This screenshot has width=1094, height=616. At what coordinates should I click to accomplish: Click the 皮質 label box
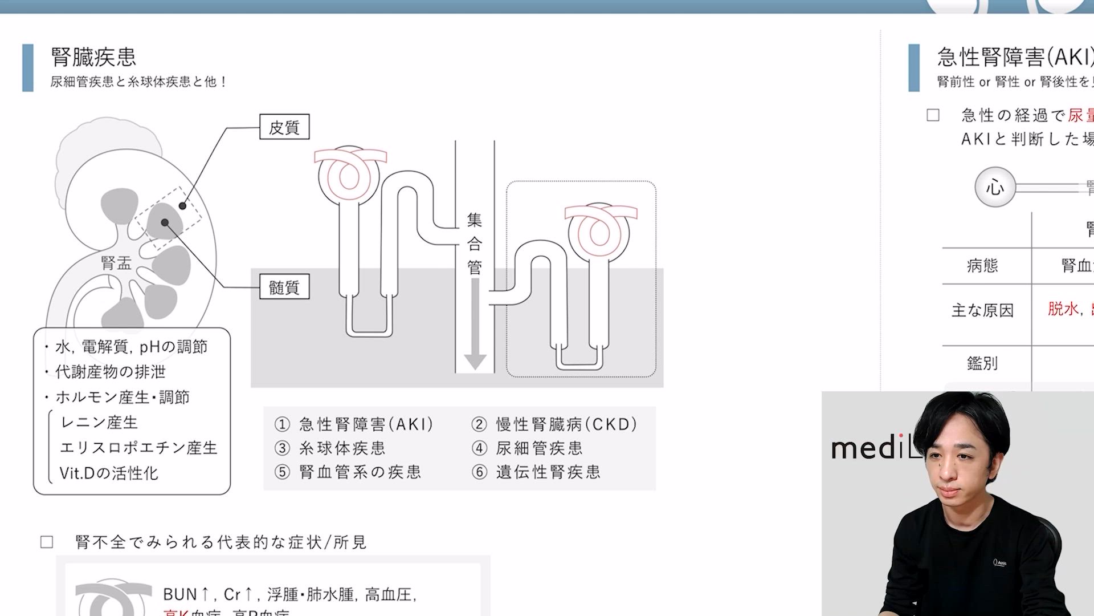tap(284, 127)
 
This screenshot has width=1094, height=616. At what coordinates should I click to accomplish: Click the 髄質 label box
tap(284, 287)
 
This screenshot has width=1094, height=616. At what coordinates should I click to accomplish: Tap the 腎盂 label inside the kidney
tap(116, 263)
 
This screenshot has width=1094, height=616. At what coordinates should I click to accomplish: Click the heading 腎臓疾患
tap(93, 57)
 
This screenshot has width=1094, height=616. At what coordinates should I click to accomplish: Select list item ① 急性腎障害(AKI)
tap(354, 424)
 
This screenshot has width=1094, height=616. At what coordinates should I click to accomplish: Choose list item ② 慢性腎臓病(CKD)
tap(554, 424)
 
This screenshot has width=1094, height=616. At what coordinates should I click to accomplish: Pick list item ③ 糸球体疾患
tap(330, 448)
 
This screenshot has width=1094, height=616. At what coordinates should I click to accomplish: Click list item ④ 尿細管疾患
tap(528, 448)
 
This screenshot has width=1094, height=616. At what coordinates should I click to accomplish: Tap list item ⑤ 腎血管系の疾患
tap(348, 472)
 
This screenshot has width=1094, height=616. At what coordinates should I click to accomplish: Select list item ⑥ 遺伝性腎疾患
tap(536, 472)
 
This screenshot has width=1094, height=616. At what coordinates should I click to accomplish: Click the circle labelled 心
tap(995, 187)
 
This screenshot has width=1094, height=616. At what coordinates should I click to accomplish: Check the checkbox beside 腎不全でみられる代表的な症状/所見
tap(47, 542)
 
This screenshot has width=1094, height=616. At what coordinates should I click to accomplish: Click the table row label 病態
tap(982, 265)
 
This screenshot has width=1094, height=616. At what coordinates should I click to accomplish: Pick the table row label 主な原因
tap(982, 310)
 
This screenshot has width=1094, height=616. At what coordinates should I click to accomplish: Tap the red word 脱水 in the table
tap(1063, 309)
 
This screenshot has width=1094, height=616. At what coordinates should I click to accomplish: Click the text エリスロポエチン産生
tap(138, 448)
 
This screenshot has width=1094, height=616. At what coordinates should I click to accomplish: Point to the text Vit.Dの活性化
tap(109, 473)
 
